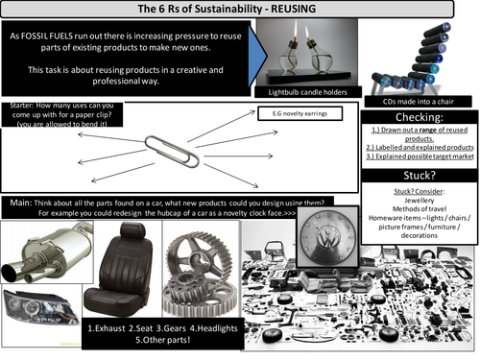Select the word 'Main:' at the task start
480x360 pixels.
coord(22,202)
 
